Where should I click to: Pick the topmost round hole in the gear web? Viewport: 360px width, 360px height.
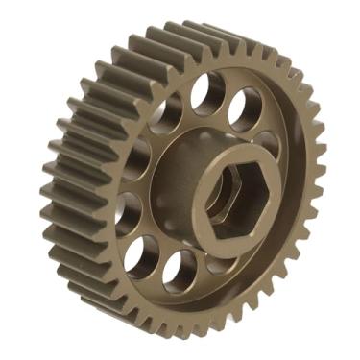pyautogui.click(x=206, y=93)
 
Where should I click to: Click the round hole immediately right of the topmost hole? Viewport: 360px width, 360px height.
pyautogui.click(x=246, y=108)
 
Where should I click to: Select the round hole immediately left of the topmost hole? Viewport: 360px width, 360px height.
pyautogui.click(x=166, y=112)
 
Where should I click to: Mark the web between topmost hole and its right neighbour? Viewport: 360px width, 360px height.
pyautogui.click(x=228, y=98)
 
